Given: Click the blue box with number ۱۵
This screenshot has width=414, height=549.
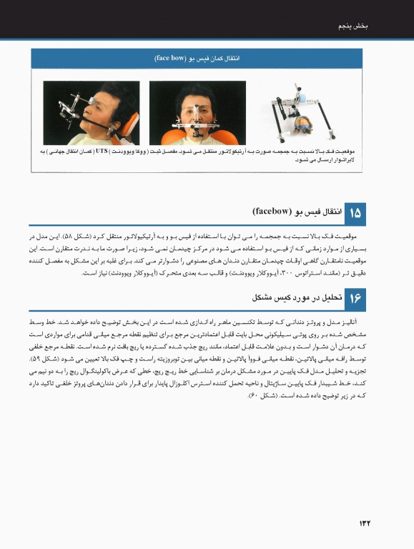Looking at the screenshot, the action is tap(355, 213).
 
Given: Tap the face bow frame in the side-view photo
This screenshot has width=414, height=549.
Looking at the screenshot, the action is tap(75, 107).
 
